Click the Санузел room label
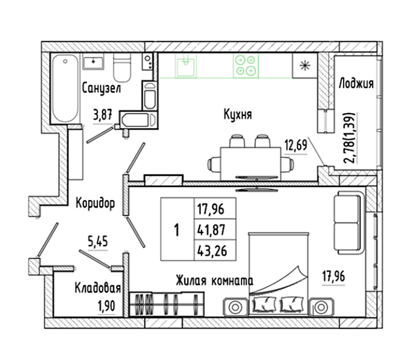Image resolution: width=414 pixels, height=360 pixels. [x=101, y=88]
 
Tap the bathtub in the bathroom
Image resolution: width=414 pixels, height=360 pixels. [x=66, y=88]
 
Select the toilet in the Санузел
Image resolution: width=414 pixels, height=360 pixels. [x=122, y=68]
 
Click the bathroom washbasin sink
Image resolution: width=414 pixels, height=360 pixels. [x=93, y=61]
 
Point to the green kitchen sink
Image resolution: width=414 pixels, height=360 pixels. [x=186, y=66]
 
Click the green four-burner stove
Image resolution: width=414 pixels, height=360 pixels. [x=246, y=66]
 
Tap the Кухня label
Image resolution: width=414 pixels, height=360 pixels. [x=237, y=114]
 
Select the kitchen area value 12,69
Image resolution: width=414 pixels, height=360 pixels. [x=296, y=145]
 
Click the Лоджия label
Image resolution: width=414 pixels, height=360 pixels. [x=356, y=83]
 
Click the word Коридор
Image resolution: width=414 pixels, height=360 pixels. [x=95, y=203]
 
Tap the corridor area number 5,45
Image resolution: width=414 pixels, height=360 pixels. [x=98, y=241]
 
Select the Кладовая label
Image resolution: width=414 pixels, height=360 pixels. [x=98, y=288]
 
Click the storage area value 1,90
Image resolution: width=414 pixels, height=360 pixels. [x=106, y=306]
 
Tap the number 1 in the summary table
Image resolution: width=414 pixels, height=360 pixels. [x=177, y=230]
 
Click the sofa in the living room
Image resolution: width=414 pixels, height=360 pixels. [x=348, y=223]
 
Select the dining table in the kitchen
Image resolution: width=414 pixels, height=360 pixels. [x=250, y=164]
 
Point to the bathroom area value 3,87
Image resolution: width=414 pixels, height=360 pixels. [x=102, y=115]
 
